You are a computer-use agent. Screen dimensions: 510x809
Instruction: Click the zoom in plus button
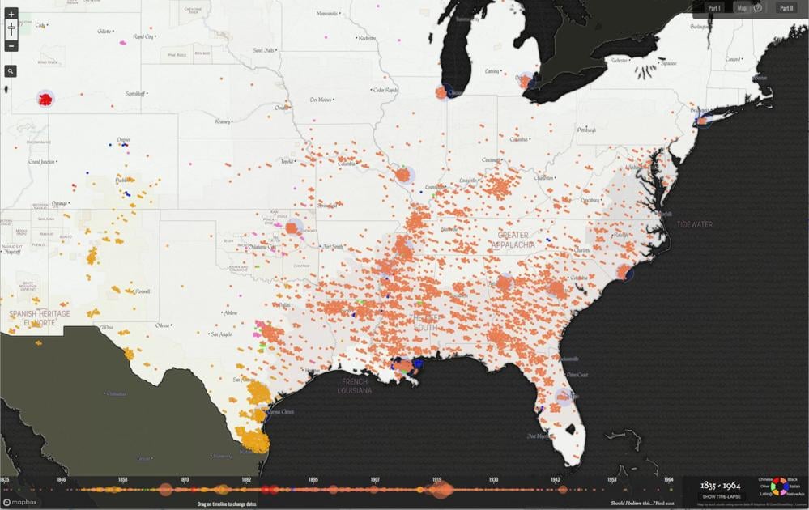(11, 15)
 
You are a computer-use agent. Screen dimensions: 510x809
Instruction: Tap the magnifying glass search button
(11, 71)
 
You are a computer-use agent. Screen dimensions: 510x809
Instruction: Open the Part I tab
(714, 8)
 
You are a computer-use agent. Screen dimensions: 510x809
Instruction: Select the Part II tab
(786, 8)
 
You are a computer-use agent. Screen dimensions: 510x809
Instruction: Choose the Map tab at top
(742, 8)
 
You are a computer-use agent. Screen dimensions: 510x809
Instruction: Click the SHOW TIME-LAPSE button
(720, 496)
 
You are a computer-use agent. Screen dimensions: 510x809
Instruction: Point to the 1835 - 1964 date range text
(720, 486)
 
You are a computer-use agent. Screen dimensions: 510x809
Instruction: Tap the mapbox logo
(20, 502)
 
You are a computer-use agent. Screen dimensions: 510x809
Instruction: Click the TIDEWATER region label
(695, 224)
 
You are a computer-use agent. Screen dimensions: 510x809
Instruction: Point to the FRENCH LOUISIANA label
(355, 386)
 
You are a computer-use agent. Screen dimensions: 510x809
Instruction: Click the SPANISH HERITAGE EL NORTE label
(40, 317)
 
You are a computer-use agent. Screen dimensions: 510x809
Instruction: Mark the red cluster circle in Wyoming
(45, 100)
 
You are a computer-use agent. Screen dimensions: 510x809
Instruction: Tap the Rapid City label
(143, 37)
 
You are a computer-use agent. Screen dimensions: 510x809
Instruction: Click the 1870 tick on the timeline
(185, 480)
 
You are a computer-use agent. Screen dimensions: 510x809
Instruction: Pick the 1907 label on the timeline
(375, 480)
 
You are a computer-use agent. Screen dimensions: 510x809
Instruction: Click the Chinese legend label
(764, 480)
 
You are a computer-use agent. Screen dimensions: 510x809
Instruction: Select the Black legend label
(793, 480)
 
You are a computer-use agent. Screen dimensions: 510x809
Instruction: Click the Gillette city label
(104, 32)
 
